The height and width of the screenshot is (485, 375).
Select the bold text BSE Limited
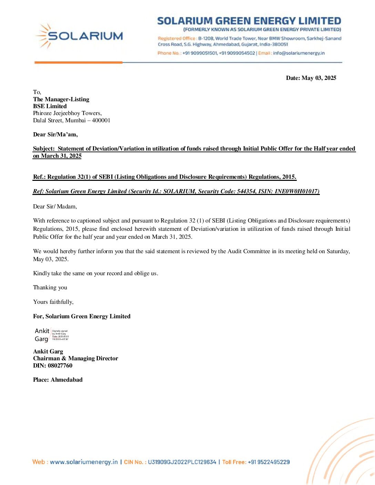50,106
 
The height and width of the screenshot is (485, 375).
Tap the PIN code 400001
101,120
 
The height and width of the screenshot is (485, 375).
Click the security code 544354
246,191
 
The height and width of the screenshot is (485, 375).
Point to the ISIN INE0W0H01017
297,191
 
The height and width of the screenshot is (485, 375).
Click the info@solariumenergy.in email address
299,53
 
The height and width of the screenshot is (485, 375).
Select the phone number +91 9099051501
200,53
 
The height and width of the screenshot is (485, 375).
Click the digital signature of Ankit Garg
52,335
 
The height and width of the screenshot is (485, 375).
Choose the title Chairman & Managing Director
75,358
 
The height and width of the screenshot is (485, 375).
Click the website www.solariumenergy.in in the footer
84,462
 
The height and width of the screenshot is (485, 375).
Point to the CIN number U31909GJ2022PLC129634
182,462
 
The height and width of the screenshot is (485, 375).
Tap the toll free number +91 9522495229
268,462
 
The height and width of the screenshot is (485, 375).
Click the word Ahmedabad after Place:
67,380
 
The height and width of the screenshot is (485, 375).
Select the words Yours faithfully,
53,302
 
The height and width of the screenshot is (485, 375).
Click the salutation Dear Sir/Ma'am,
55,134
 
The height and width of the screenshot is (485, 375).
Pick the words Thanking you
50,287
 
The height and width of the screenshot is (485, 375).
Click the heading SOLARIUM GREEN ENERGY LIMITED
249,21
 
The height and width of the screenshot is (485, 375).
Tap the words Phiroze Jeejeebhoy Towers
67,113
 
